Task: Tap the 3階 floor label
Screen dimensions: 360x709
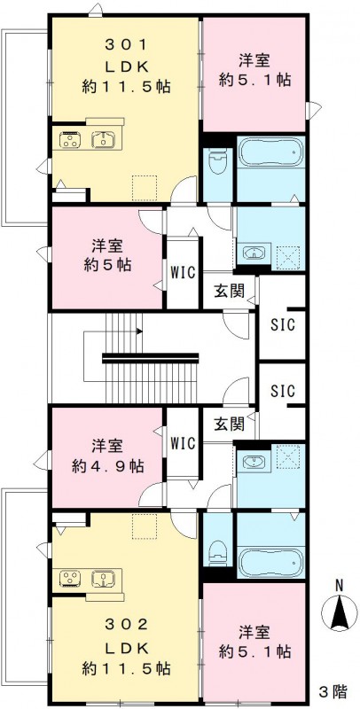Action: click(333, 690)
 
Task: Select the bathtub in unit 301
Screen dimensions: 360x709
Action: click(270, 153)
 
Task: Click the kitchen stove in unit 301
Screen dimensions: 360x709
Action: click(70, 140)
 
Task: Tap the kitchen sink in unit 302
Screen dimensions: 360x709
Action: click(104, 577)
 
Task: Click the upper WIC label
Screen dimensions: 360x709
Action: click(183, 272)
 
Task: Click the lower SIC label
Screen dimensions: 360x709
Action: click(283, 390)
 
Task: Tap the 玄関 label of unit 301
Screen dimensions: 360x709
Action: click(230, 292)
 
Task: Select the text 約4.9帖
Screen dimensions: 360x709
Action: click(107, 466)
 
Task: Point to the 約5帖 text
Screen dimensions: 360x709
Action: click(107, 264)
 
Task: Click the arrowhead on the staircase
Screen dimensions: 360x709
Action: click(140, 331)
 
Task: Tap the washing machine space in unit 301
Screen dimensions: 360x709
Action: click(288, 253)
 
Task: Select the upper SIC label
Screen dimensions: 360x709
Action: click(283, 324)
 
